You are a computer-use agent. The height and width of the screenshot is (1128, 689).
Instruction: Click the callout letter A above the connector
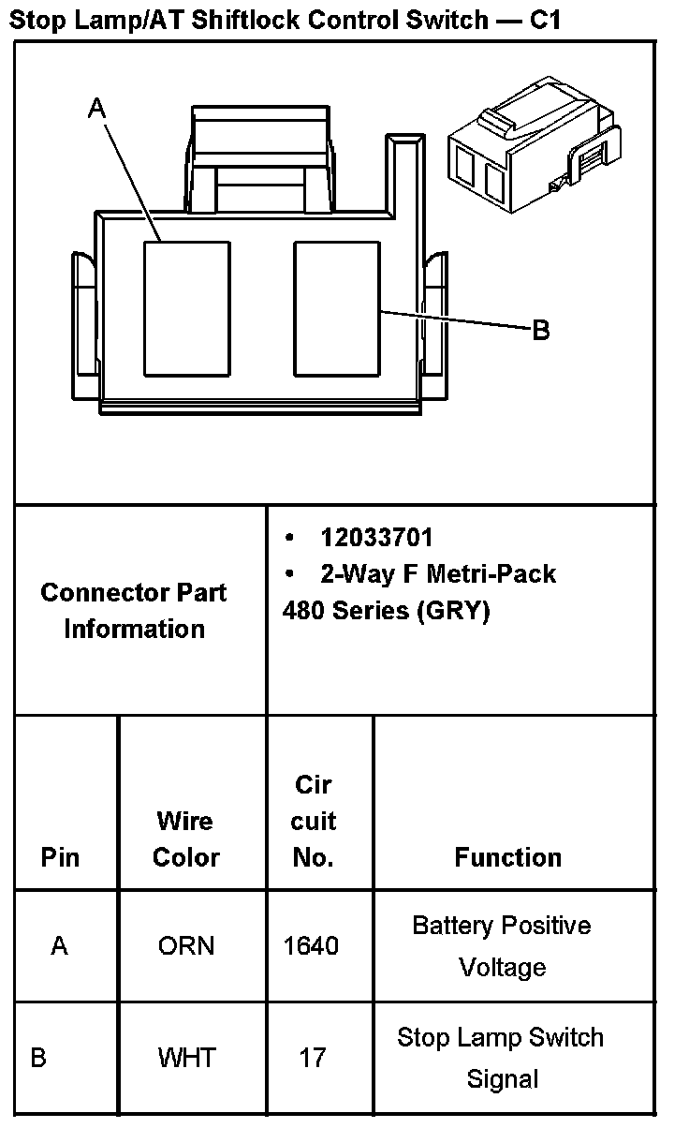tap(96, 110)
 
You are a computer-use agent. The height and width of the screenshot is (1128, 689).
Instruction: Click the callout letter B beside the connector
tap(540, 331)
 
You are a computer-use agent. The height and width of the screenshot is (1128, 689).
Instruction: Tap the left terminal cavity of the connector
tap(185, 308)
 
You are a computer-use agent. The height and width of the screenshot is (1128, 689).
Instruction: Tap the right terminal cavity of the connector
tap(336, 308)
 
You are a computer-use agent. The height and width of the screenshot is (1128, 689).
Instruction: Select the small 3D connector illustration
tap(534, 152)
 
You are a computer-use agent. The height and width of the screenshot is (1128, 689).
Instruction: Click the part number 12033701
tap(376, 538)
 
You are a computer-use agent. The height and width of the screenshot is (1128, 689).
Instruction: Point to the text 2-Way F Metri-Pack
tap(437, 573)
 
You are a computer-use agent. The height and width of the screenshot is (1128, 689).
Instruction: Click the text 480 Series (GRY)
tap(386, 611)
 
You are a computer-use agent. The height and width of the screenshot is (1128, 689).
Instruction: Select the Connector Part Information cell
tap(134, 610)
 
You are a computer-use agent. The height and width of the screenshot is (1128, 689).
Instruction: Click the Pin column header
tap(61, 857)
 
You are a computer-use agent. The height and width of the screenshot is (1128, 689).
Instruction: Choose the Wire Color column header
tap(185, 839)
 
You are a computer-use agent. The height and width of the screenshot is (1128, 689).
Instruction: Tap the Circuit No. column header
tap(313, 822)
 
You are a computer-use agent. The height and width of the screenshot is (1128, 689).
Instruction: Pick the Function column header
tap(508, 857)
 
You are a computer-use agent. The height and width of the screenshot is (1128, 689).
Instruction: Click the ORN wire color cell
tap(186, 946)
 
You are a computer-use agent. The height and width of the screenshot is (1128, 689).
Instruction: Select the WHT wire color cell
tap(186, 1059)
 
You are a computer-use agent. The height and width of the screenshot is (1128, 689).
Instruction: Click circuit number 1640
tap(311, 946)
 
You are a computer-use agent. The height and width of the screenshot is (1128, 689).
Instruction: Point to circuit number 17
tap(313, 1059)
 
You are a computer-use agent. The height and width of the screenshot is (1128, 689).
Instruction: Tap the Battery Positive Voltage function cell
tap(502, 946)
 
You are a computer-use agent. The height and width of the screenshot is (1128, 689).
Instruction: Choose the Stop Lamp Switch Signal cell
tap(501, 1059)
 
